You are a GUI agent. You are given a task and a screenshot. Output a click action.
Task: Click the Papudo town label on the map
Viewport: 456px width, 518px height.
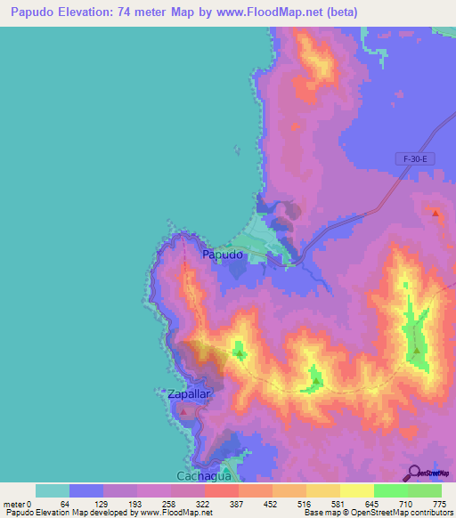point(223,255)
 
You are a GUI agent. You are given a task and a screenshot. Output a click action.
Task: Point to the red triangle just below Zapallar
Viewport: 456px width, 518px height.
point(183,412)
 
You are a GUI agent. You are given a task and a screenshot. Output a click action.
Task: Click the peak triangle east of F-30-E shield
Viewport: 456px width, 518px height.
point(436,213)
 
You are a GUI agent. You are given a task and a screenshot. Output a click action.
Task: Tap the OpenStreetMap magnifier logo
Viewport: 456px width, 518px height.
point(427,473)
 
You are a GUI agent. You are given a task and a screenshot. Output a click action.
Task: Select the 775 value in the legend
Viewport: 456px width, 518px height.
point(439,504)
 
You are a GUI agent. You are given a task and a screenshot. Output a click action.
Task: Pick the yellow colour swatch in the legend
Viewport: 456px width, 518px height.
point(356,490)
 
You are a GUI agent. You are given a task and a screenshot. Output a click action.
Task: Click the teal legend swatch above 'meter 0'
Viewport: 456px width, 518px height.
point(52,490)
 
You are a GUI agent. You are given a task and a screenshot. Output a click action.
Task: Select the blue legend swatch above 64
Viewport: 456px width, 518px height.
point(86,490)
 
